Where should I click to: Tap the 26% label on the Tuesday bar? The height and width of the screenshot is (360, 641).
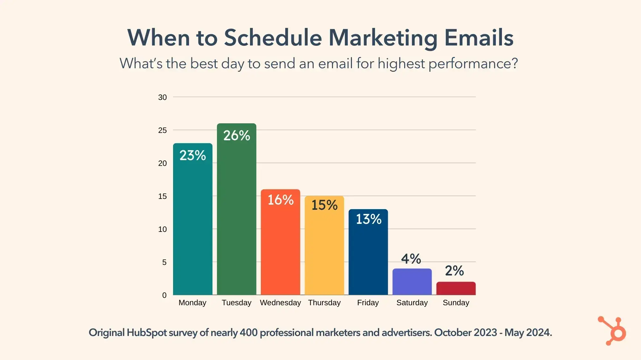[237, 135]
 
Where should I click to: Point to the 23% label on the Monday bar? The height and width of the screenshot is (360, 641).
[193, 155]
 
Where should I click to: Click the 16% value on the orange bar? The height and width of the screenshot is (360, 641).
[280, 200]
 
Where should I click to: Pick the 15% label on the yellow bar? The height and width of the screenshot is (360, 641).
[324, 205]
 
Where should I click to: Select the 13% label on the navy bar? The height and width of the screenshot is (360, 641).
[369, 219]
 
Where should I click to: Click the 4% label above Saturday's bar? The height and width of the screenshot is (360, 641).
[411, 259]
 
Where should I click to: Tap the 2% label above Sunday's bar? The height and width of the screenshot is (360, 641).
[454, 271]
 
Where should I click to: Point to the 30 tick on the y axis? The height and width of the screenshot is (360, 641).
[162, 97]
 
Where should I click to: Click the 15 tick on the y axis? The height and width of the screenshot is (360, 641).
[162, 196]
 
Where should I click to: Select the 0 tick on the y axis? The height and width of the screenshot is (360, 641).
[164, 295]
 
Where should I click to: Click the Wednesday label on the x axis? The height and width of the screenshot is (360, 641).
[280, 303]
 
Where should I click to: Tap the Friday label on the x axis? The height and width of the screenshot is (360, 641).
[368, 303]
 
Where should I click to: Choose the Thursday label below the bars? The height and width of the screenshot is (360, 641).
[324, 303]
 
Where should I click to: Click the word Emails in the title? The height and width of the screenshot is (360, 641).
[479, 38]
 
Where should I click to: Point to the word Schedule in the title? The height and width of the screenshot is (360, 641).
[273, 38]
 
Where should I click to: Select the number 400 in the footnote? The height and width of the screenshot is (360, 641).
[248, 332]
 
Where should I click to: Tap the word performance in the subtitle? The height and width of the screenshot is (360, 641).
[473, 63]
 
